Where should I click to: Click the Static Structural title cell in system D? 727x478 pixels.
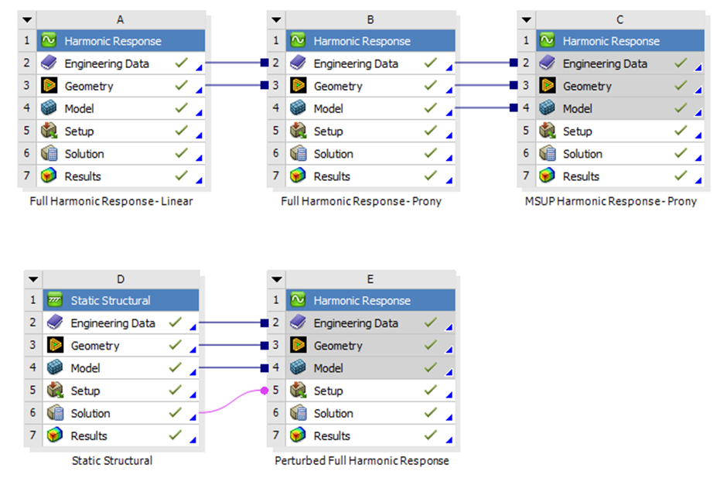tap(111, 300)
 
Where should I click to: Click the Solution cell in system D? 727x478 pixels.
tap(90, 413)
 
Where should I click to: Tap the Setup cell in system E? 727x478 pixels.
tap(329, 391)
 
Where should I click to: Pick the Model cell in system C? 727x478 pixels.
tap(578, 109)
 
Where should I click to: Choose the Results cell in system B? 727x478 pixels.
tap(332, 176)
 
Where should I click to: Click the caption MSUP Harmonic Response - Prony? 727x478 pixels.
tap(610, 202)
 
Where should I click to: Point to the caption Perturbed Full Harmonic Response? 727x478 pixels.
tap(361, 461)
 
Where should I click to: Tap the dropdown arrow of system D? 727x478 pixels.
tap(32, 279)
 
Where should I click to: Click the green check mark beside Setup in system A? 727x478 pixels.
tap(182, 131)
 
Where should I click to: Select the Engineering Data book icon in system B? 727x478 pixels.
tap(299, 64)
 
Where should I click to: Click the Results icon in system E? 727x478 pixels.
tap(299, 435)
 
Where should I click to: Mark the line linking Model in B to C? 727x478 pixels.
tap(483, 109)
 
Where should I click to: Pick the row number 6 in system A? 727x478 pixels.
tap(26, 154)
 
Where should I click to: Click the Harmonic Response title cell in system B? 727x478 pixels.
tap(361, 41)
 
